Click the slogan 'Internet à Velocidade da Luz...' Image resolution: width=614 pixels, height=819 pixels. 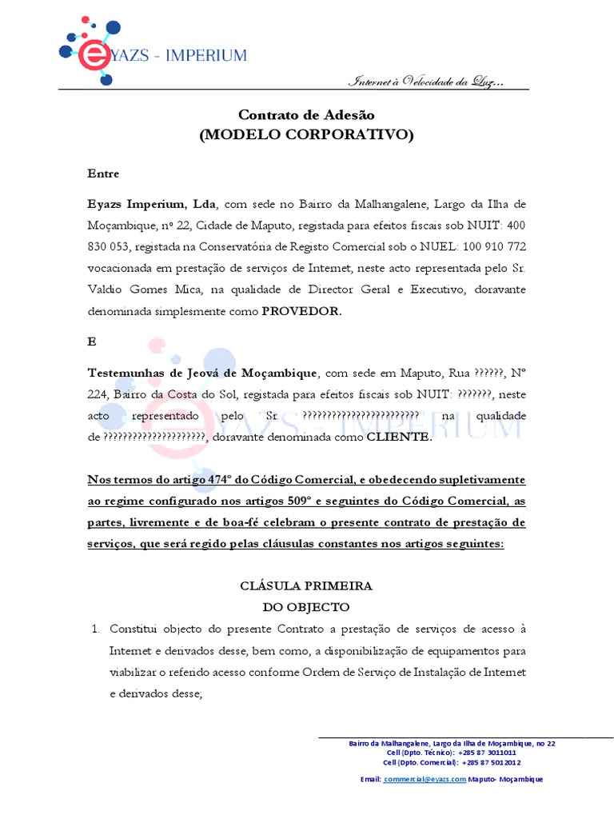[427, 82]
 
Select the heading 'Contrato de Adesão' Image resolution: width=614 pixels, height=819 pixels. [306, 115]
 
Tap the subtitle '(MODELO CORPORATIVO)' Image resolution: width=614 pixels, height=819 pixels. [306, 134]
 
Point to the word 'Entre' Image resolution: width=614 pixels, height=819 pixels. [103, 174]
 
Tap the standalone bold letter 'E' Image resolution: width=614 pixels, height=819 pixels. [91, 341]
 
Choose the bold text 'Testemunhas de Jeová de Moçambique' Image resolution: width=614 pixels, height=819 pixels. [202, 373]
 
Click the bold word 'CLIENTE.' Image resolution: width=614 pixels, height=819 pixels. [399, 437]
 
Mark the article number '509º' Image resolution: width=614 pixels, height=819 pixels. [304, 501]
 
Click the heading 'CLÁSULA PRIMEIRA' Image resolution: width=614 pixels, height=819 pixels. [306, 585]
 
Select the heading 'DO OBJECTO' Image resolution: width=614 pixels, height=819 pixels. [306, 606]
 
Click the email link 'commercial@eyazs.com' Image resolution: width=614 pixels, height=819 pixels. [425, 778]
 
